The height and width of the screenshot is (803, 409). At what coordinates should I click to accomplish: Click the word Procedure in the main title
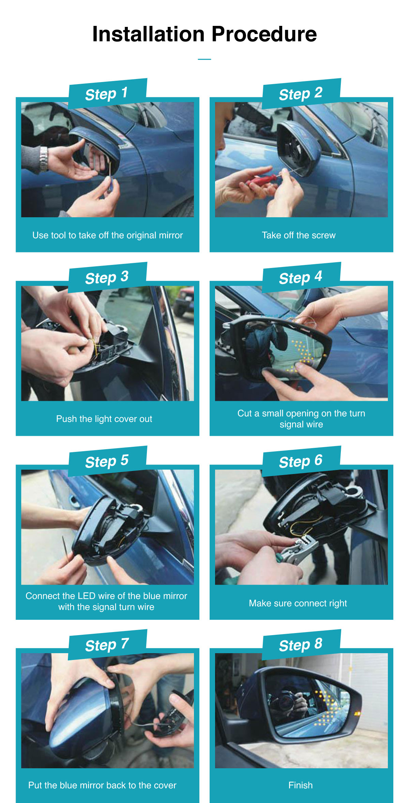tap(264, 34)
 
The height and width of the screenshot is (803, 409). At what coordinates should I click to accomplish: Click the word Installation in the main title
tap(149, 34)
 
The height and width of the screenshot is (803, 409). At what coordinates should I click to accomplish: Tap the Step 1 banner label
tap(106, 94)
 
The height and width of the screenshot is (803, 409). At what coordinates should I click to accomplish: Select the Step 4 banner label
tap(301, 278)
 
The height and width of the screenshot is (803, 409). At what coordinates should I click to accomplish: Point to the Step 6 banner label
tap(301, 461)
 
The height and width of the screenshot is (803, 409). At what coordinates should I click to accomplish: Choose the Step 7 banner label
tap(107, 645)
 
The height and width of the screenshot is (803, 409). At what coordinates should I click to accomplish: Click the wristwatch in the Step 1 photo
tap(43, 159)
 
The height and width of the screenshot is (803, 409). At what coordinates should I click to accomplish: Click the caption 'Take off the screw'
tap(299, 235)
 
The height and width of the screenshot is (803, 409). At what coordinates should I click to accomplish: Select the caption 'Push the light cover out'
tap(104, 419)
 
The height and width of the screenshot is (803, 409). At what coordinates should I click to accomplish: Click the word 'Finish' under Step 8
tap(301, 785)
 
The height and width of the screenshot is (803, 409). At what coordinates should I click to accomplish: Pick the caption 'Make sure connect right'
tap(298, 603)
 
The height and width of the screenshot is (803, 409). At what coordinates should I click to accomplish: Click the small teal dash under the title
tap(204, 59)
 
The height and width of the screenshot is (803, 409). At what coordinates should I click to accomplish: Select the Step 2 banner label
tap(301, 94)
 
